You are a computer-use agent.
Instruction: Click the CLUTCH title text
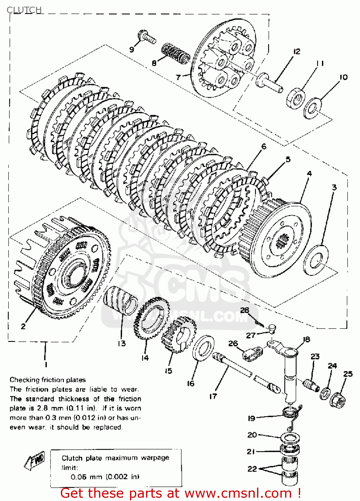[24, 10]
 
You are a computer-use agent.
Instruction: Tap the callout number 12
[296, 51]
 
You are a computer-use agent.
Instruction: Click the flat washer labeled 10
[313, 108]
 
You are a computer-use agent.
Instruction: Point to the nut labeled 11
[296, 98]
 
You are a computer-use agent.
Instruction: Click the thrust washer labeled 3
[316, 260]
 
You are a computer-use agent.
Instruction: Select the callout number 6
[264, 146]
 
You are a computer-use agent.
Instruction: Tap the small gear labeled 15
[178, 334]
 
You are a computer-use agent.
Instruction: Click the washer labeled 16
[203, 348]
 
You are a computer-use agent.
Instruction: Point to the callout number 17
[213, 396]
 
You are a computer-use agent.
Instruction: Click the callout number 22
[252, 469]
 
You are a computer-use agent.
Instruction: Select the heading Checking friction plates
[47, 380]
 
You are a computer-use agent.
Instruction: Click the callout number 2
[23, 326]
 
